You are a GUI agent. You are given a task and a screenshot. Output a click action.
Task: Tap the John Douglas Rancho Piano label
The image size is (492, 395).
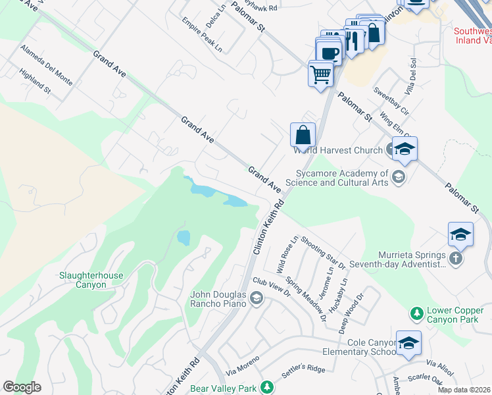[218, 299]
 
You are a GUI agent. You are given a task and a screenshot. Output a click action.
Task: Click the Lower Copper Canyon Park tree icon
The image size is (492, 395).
[416, 311]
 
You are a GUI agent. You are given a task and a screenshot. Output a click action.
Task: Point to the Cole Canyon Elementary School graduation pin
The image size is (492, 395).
[408, 344]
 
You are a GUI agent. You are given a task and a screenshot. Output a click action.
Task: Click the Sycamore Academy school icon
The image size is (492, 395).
[397, 176]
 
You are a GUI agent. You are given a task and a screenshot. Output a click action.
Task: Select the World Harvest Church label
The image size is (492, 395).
[337, 150]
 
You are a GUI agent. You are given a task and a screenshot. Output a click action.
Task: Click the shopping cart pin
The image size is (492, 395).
[320, 74]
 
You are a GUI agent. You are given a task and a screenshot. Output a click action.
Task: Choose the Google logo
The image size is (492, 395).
[22, 387]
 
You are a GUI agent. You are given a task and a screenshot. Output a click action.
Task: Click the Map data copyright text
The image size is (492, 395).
[463, 390]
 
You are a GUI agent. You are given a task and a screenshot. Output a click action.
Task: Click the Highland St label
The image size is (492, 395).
[35, 80]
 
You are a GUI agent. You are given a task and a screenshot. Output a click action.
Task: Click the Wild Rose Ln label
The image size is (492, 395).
[287, 255]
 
